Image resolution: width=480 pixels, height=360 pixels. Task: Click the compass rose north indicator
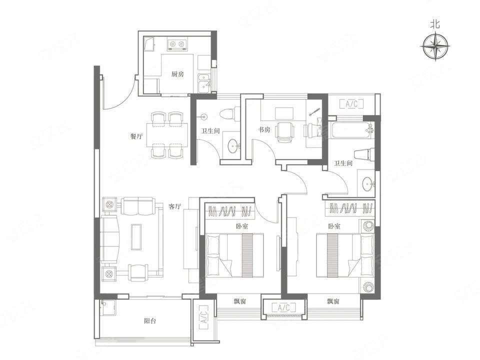coord(435,46)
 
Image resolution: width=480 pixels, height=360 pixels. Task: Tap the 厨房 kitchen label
coord(177,74)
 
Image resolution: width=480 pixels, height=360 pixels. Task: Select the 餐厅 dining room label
coord(136,136)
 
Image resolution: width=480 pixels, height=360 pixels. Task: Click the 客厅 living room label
coord(175,206)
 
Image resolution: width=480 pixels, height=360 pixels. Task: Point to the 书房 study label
coord(263,129)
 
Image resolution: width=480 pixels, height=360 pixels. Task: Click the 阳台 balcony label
coord(150,321)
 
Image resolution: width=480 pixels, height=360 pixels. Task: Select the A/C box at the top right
coord(351,104)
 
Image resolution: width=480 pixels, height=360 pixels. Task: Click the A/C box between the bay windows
coord(284,307)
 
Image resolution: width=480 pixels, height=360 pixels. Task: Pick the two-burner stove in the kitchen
coord(177,44)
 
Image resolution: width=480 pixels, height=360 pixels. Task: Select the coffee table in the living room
coord(136,237)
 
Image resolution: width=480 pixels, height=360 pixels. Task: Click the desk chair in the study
coord(284,132)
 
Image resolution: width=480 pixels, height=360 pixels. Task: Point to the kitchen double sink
coord(204,83)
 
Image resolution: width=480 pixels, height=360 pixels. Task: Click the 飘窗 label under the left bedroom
coord(240,301)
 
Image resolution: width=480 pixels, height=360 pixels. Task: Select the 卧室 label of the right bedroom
coord(334,226)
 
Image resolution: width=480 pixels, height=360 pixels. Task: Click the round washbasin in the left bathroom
coord(233,145)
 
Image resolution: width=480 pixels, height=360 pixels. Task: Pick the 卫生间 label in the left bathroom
coord(210,131)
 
